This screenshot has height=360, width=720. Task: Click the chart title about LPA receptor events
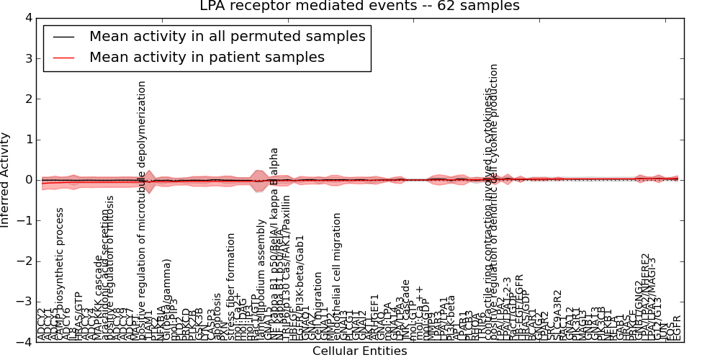click(359, 6)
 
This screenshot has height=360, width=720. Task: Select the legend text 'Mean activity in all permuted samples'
click(227, 36)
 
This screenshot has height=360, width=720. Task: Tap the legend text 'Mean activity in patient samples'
click(207, 57)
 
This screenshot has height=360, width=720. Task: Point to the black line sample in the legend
click(63, 37)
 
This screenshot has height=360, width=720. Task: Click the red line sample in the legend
click(63, 58)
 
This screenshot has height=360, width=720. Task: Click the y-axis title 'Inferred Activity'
click(6, 180)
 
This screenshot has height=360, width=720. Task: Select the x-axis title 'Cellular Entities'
click(359, 351)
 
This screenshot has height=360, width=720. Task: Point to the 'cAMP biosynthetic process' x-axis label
click(60, 274)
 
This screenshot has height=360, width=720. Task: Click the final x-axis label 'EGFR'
click(676, 328)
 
